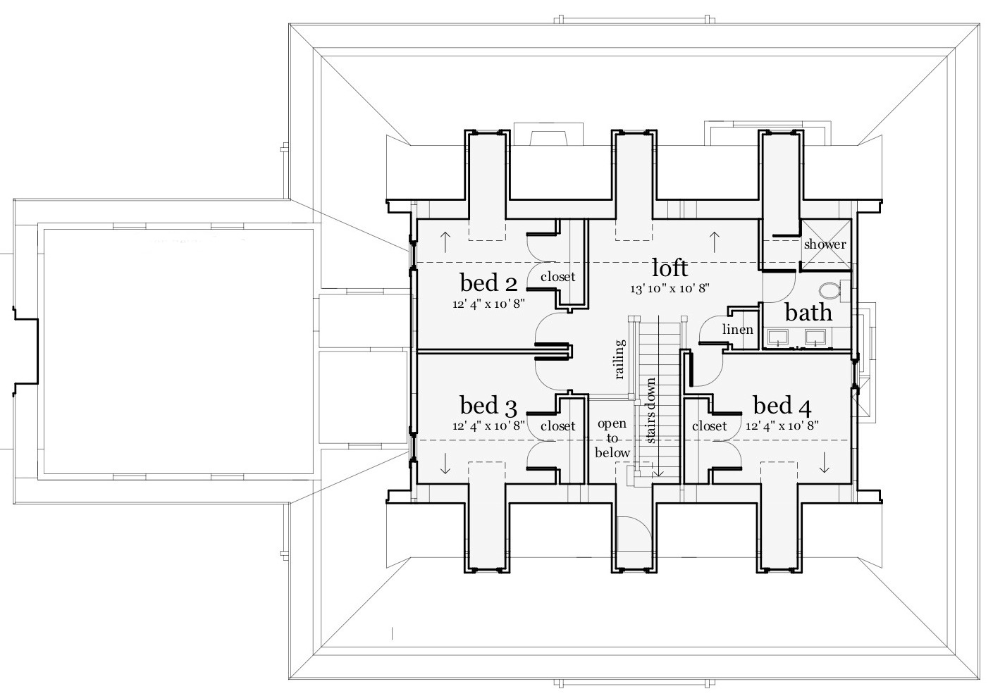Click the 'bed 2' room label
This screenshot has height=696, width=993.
488,282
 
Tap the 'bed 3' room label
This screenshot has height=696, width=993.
488,406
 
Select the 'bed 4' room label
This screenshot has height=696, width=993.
782,406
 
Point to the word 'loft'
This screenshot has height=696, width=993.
670,268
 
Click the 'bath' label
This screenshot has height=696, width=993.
808,312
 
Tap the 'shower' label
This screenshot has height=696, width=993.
825,244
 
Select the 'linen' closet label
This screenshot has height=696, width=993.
738,330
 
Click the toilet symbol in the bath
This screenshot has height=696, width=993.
832,290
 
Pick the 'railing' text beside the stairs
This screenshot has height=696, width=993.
619,359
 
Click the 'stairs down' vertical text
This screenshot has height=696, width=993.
650,411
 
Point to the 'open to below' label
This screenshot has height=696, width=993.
612,438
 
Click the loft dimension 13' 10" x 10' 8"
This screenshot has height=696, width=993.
670,288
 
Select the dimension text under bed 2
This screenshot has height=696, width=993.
488,303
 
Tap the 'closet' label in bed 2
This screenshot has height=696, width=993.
557,277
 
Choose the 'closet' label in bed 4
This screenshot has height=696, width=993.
709,426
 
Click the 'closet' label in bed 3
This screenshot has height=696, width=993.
557,426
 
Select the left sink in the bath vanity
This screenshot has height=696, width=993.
778,337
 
